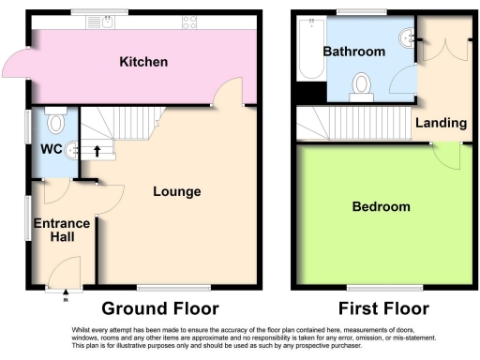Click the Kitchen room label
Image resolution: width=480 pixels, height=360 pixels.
coord(143,62)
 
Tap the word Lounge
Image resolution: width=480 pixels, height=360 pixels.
coord(177,191)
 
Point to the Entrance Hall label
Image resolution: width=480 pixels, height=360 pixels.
coord(62,230)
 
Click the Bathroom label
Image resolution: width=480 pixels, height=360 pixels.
coord(353,52)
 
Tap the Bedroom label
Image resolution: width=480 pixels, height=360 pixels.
coord(381,206)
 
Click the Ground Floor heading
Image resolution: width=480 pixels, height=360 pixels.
coord(159,308)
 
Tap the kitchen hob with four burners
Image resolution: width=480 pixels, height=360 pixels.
coord(187,21)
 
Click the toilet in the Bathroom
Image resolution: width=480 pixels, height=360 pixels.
coord(360,88)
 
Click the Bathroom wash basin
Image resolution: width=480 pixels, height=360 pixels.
coord(407,37)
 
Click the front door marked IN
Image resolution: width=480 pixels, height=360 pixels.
coord(66,278)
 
